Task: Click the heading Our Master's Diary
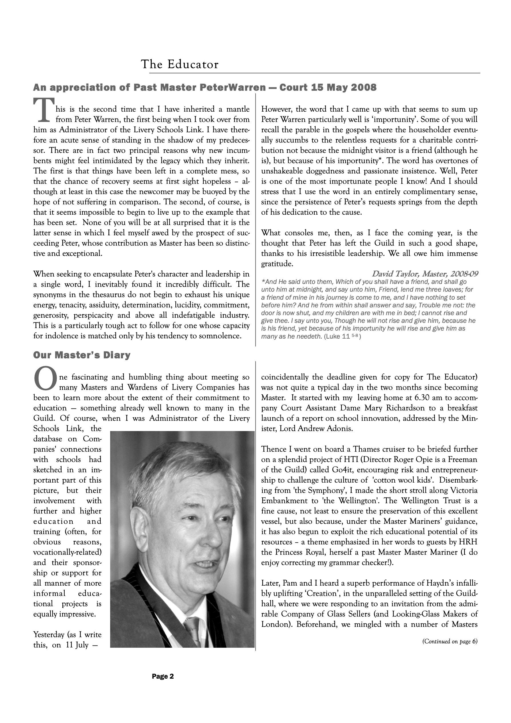82,355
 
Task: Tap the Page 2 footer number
163,676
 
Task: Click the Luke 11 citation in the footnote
342,336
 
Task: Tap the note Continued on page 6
449,641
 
